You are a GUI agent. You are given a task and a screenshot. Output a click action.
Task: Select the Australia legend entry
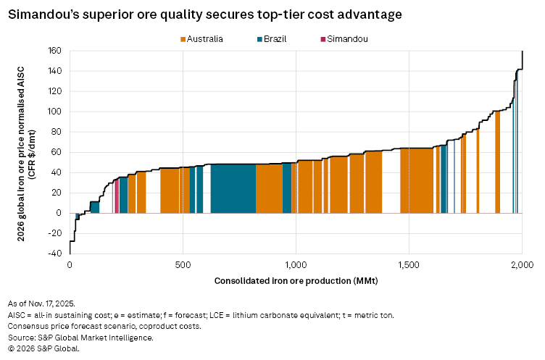(x=201, y=39)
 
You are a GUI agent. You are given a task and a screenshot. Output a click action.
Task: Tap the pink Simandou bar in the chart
(x=117, y=196)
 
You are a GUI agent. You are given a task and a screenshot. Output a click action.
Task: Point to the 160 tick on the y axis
(x=55, y=51)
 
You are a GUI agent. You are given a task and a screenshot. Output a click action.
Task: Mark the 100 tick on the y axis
(x=55, y=112)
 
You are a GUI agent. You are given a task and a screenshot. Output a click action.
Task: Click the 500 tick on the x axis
(x=183, y=264)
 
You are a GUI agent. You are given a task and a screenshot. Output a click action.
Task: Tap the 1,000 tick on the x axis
(x=296, y=264)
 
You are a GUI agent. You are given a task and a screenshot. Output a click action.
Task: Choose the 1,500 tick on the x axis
(x=409, y=264)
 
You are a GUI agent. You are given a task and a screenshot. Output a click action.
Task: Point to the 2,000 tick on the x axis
(x=522, y=264)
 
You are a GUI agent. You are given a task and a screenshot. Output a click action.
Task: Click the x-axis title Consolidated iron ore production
(x=296, y=280)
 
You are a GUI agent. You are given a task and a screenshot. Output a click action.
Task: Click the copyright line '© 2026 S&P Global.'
(x=43, y=348)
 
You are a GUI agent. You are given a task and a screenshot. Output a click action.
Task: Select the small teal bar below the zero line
(x=78, y=216)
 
